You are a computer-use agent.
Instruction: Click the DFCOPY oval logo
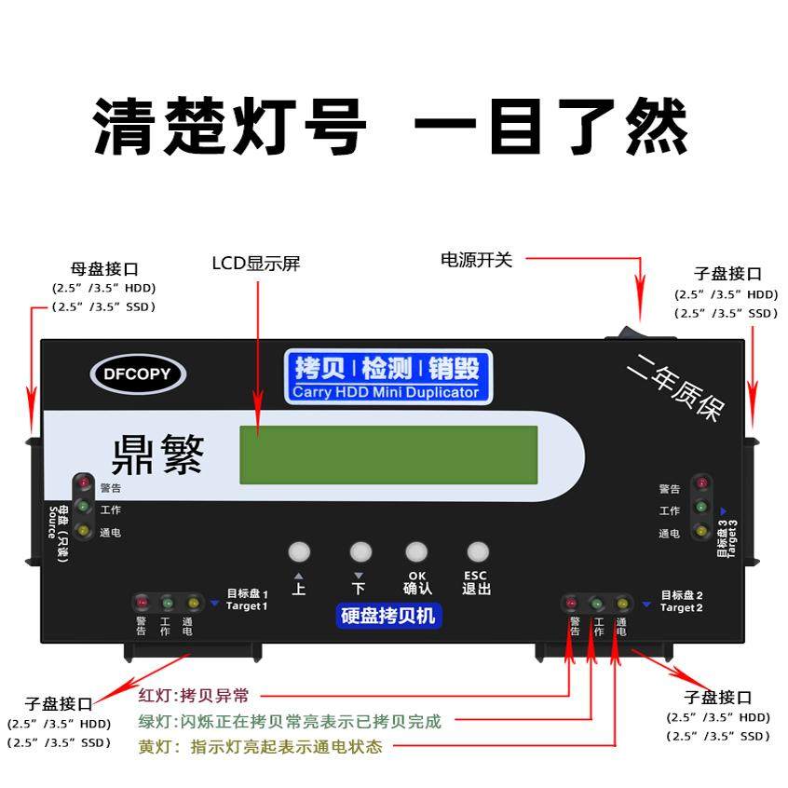click(139, 374)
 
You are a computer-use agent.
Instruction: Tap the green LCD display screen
click(388, 455)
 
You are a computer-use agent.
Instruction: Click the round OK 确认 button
click(416, 551)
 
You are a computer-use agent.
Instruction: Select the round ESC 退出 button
click(477, 551)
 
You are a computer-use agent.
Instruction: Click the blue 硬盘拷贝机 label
click(387, 616)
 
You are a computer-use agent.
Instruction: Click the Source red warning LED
click(83, 483)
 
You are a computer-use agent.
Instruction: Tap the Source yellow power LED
click(83, 531)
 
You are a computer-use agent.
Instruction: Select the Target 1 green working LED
click(167, 603)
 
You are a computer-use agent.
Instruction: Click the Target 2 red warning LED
click(571, 603)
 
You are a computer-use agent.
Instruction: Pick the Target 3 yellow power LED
click(700, 532)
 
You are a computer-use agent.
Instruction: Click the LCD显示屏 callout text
click(255, 264)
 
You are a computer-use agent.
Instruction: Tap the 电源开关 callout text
click(476, 260)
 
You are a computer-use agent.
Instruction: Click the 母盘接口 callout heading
click(104, 269)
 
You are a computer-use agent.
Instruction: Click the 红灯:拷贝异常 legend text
click(200, 695)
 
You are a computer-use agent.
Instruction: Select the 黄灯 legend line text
click(260, 746)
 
